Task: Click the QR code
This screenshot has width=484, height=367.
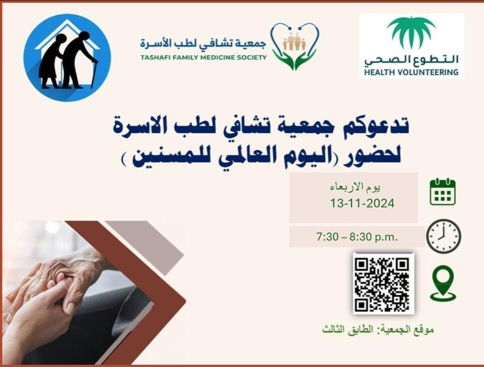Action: [x=383, y=283]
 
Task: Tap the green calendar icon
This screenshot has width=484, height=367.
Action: [x=442, y=192]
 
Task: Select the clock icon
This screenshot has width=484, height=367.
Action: [x=443, y=236]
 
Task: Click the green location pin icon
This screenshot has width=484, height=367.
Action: [x=443, y=283]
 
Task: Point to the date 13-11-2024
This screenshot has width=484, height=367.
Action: [x=362, y=204]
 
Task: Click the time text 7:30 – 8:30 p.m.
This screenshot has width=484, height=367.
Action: [x=357, y=237]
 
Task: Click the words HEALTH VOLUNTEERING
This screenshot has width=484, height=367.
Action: [x=411, y=73]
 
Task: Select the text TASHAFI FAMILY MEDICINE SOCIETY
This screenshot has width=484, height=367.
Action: [x=204, y=57]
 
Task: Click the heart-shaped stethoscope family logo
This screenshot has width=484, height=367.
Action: [x=295, y=46]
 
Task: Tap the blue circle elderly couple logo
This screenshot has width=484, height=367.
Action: [x=67, y=57]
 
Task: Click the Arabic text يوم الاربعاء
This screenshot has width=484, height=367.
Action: [x=356, y=187]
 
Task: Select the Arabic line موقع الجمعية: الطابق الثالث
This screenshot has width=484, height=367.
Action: [x=378, y=330]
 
